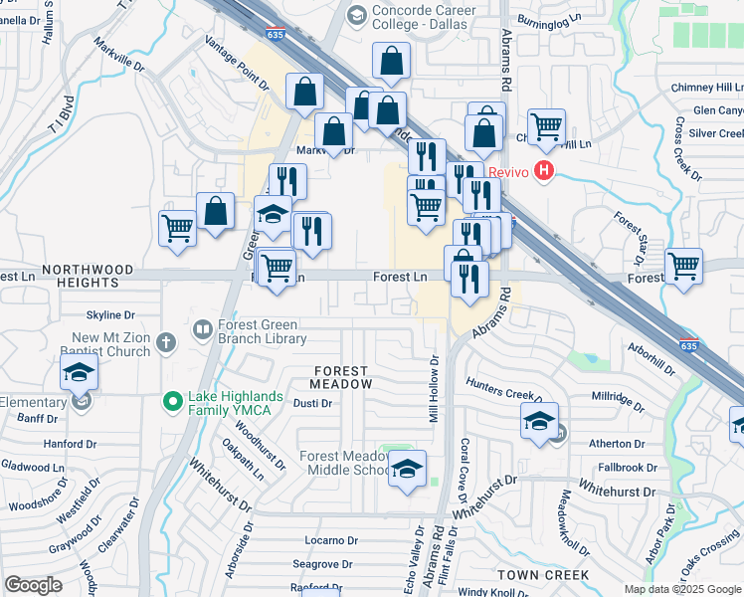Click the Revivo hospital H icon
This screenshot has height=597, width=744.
pos(543,171)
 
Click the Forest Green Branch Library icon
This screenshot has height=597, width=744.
pos(203,327)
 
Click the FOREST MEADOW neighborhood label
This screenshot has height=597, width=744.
pos(340,377)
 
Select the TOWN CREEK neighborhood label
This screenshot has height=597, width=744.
pos(543,575)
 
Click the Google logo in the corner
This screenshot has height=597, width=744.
pos(33,585)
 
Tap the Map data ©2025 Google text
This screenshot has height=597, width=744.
pos(681,589)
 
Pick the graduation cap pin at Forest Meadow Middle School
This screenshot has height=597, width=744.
pos(406,471)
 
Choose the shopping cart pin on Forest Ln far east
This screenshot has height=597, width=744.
pos(683,265)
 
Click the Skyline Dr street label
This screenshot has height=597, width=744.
pos(116,314)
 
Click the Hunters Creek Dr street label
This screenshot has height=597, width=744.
pos(507,393)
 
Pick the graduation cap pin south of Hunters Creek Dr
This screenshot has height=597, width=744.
pos(539,421)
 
